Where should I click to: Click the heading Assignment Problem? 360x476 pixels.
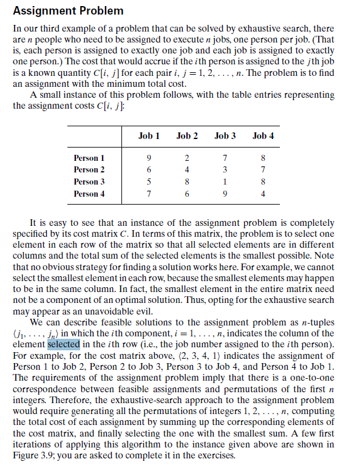click(x=67, y=11)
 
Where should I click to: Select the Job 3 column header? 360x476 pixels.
click(x=225, y=135)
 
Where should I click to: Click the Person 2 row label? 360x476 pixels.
click(x=89, y=169)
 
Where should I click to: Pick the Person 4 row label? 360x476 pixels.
click(x=89, y=194)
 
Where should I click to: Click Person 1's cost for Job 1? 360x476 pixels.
click(x=149, y=158)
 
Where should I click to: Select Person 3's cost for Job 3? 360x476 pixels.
click(x=225, y=182)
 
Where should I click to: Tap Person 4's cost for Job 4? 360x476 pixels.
click(x=262, y=194)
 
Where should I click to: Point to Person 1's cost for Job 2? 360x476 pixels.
click(x=187, y=158)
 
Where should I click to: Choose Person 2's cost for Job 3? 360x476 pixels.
click(x=225, y=169)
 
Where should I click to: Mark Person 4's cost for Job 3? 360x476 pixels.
click(x=225, y=194)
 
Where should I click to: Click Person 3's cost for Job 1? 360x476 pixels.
click(x=149, y=182)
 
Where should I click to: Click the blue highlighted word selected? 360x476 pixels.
click(x=63, y=344)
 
